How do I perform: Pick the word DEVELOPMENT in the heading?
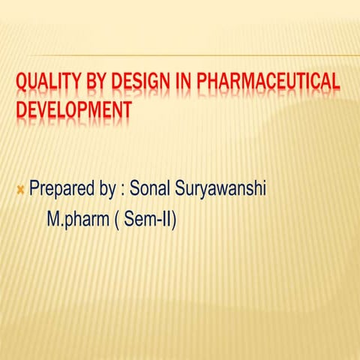pyautogui.click(x=73, y=109)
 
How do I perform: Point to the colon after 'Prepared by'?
pyautogui.click(x=123, y=187)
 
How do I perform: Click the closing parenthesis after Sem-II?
pyautogui.click(x=175, y=221)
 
